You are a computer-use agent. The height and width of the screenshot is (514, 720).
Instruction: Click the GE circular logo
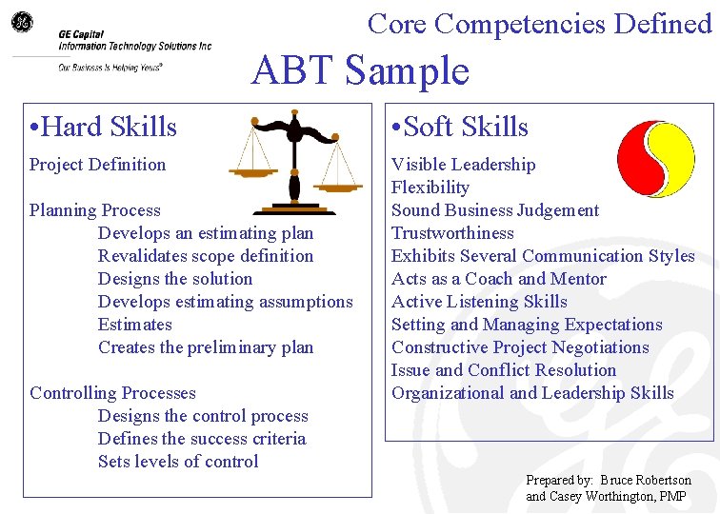click(x=22, y=21)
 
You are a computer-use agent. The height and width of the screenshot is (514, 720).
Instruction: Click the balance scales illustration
click(x=293, y=162)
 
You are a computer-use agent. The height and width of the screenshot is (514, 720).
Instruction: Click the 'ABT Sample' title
click(x=360, y=71)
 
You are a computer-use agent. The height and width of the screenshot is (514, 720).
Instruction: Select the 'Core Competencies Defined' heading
click(x=539, y=23)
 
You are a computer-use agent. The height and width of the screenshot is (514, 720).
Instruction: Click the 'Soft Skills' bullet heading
click(x=460, y=127)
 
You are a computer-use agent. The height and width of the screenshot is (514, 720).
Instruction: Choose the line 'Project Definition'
click(x=97, y=165)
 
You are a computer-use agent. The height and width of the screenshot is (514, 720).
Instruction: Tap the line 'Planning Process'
click(x=95, y=210)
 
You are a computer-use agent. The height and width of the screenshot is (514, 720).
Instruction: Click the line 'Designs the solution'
click(x=175, y=279)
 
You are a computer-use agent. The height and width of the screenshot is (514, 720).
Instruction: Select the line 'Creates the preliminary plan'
click(x=206, y=347)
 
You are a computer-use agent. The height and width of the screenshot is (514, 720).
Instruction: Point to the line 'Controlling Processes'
click(x=112, y=393)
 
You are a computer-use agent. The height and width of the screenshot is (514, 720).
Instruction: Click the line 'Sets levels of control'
click(x=178, y=462)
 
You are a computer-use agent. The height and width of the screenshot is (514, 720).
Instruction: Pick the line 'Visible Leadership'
click(x=464, y=165)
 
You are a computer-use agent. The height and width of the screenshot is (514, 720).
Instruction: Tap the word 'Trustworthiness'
click(x=452, y=233)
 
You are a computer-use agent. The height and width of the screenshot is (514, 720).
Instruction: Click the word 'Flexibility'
click(x=430, y=188)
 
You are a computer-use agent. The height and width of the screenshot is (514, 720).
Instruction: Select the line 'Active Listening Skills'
click(x=479, y=302)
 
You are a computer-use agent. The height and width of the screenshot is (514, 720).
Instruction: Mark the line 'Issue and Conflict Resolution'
click(x=504, y=370)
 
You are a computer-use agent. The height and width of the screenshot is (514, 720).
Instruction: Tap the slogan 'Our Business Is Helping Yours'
click(x=110, y=67)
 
